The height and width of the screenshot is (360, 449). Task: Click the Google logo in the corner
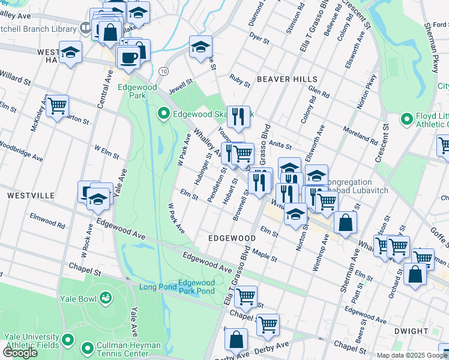[20, 352]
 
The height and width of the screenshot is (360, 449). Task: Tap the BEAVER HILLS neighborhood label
[282, 79]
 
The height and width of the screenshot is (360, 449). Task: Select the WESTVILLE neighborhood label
[31, 196]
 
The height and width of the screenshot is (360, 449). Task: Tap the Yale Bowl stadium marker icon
[106, 297]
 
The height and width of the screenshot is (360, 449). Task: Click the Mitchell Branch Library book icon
[85, 28]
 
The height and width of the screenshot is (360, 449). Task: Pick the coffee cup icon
[128, 57]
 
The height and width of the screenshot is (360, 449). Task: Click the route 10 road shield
[163, 71]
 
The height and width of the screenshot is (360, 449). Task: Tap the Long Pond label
[158, 287]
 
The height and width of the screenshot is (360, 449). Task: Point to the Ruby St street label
[240, 77]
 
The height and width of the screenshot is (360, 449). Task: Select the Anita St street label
[280, 145]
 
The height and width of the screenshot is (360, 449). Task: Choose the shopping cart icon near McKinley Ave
[57, 106]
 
